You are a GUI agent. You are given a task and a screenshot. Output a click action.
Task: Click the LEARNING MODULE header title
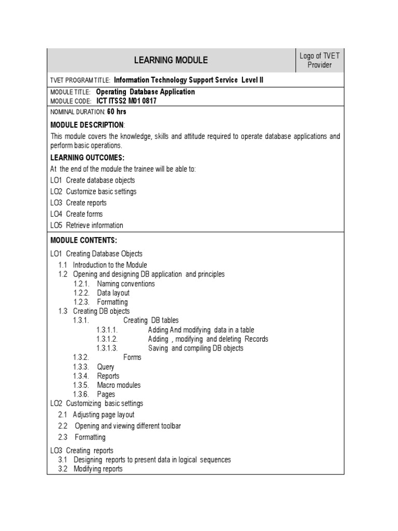[x=170, y=60]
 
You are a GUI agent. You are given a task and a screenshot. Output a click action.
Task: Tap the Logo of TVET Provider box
[x=319, y=60]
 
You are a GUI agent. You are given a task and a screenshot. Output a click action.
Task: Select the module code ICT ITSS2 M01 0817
[x=126, y=101]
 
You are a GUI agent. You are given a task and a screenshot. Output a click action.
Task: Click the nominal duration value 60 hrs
[x=117, y=111]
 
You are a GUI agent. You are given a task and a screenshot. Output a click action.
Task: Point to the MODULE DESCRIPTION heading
[x=88, y=125]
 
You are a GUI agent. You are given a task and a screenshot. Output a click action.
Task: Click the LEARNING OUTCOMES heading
[x=88, y=158]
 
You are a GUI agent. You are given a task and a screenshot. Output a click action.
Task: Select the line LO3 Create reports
[x=78, y=203]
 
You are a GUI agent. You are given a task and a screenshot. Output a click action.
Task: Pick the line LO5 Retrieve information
[x=87, y=225]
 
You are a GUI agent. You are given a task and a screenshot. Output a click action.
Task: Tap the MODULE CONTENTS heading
[x=84, y=240]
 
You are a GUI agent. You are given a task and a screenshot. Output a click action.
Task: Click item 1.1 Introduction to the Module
[x=110, y=265]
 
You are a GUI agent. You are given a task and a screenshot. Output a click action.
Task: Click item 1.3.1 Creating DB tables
[x=151, y=320]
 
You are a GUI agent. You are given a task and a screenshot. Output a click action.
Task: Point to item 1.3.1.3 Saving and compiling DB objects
[x=195, y=348]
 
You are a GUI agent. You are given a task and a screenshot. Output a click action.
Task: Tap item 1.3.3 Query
[x=106, y=367]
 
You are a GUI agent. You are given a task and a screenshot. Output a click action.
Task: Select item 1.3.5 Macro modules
[x=119, y=385]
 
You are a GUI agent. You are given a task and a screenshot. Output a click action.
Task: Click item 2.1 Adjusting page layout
[x=103, y=414]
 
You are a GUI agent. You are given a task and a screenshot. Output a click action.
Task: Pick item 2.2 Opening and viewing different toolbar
[x=127, y=426]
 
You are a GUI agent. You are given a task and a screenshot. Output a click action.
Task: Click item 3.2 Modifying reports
[x=98, y=469]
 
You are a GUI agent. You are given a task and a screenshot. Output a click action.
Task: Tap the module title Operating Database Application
[x=146, y=92]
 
